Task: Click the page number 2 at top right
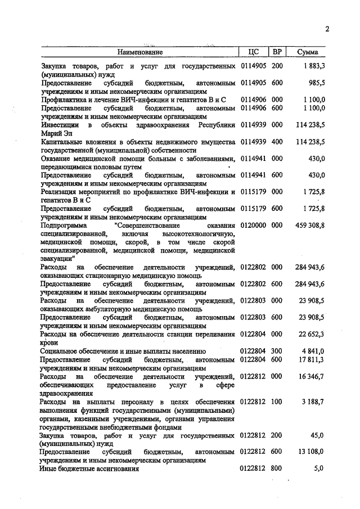coord(327,30)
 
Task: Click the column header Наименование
coord(140,52)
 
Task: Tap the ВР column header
coord(277,52)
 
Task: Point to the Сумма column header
coord(307,52)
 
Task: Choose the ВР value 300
coord(277,351)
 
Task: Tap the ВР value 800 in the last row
coord(277,467)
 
